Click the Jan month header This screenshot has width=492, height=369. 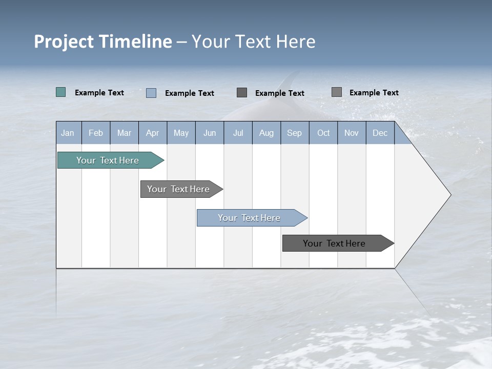(68, 133)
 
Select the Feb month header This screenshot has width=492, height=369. (96, 133)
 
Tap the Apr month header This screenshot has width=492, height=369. (152, 133)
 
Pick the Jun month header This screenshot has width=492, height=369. (210, 133)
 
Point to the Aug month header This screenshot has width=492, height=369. (266, 133)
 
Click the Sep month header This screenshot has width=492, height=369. (294, 133)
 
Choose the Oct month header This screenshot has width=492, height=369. (323, 133)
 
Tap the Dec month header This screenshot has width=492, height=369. (380, 133)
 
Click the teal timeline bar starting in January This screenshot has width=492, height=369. (108, 160)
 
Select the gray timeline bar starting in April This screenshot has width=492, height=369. (178, 189)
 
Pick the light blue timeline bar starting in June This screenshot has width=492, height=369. (249, 218)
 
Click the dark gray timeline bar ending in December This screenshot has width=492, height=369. (334, 243)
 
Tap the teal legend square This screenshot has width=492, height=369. (61, 92)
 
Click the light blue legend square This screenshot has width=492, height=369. (151, 93)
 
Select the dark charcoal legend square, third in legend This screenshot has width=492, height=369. (242, 92)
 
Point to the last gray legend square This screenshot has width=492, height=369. (337, 92)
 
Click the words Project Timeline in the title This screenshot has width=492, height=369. (103, 42)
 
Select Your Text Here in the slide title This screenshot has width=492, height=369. (253, 42)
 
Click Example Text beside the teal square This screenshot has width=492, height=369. (99, 93)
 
